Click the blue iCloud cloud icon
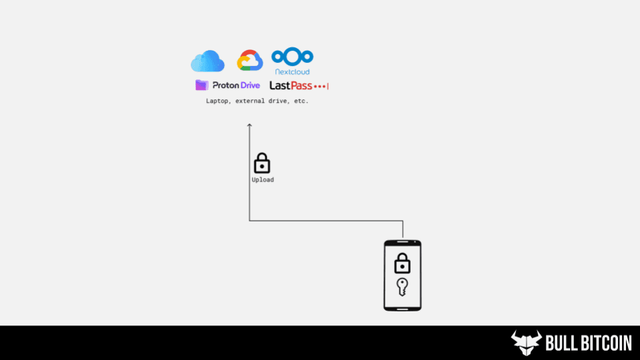point(207,61)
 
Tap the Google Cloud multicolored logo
point(250,61)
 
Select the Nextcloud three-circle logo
point(292,56)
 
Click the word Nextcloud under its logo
point(292,71)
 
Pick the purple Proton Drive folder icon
point(201,85)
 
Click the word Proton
point(227,85)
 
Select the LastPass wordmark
point(291,85)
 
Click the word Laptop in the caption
point(217,102)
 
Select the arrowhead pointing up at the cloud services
point(249,126)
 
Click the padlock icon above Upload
point(262,163)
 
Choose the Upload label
point(262,180)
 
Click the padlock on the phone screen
point(402,263)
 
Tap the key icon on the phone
point(402,287)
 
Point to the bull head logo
point(526,343)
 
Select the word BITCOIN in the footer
point(606,343)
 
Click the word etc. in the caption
point(300,102)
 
